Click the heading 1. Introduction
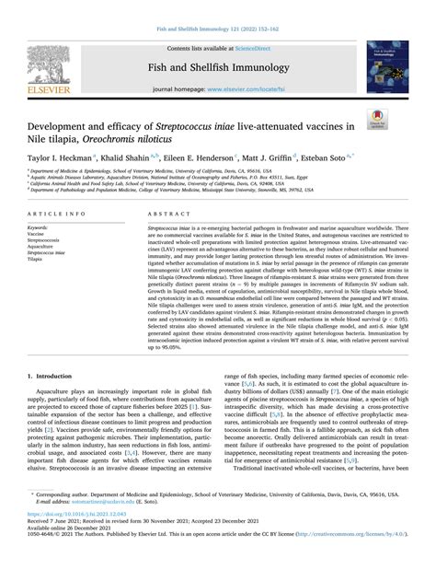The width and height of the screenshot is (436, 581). pos(53,377)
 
